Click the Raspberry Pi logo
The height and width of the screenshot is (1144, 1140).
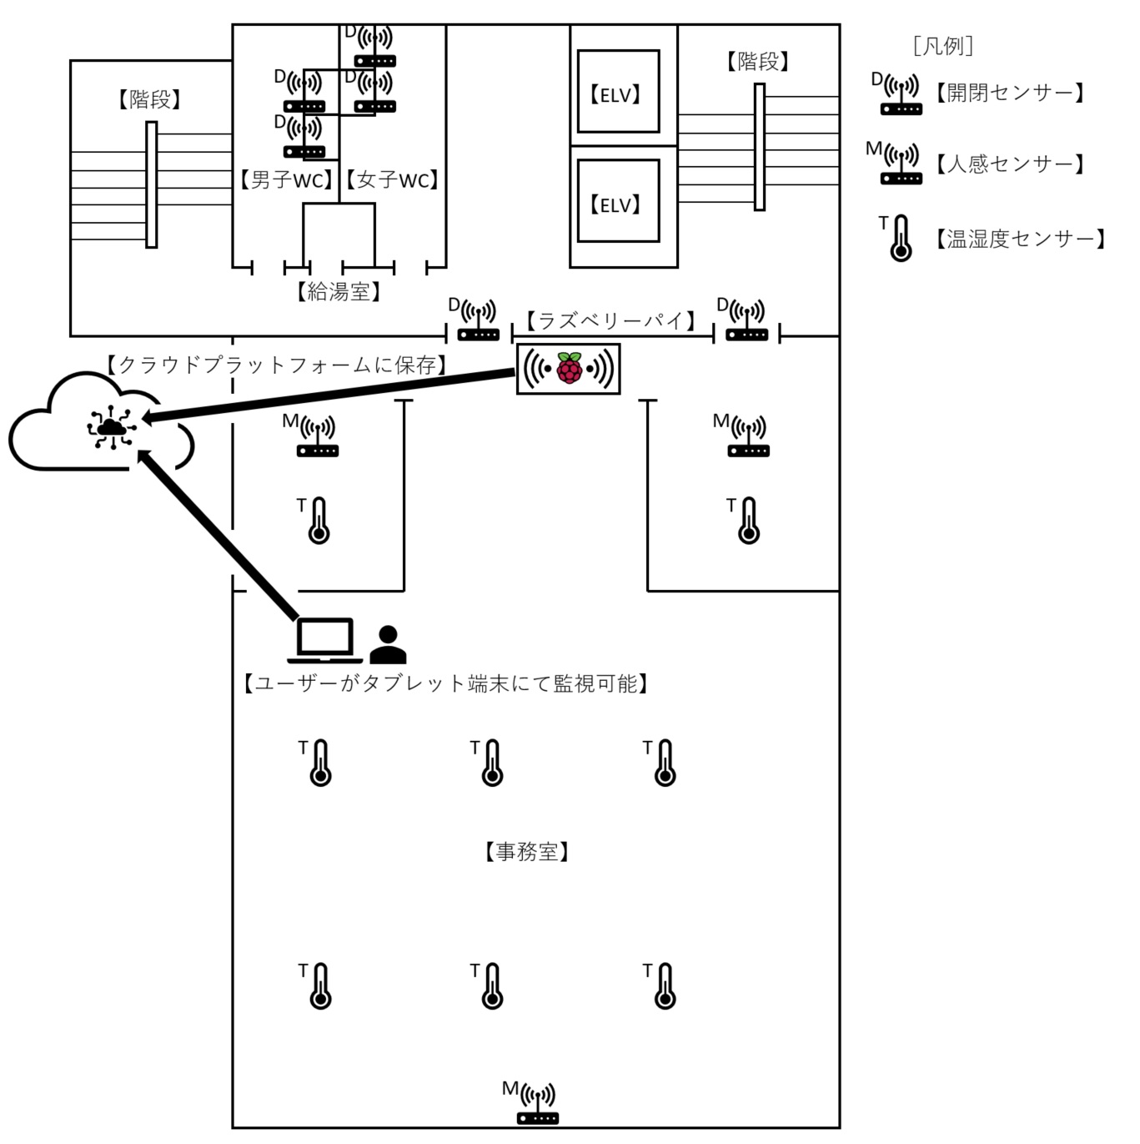(569, 368)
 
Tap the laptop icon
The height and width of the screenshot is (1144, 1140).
(324, 640)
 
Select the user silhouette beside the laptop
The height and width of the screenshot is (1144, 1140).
(388, 644)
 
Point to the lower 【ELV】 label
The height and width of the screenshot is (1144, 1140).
(615, 205)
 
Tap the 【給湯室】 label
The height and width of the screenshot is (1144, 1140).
(339, 291)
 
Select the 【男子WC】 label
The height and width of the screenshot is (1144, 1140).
(286, 179)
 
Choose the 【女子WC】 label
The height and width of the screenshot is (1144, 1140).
(392, 179)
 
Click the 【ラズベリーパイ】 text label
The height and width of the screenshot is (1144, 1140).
(611, 320)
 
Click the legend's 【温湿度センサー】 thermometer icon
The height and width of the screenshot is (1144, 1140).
(901, 238)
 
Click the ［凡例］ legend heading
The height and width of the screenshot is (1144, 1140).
(942, 46)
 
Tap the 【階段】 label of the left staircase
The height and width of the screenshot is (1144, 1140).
(149, 99)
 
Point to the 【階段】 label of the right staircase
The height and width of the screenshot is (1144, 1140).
(758, 61)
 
